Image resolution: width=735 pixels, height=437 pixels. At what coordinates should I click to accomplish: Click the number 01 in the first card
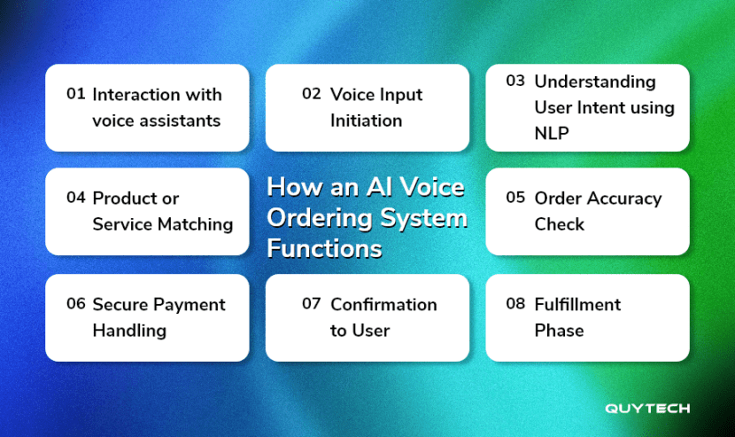[76, 94]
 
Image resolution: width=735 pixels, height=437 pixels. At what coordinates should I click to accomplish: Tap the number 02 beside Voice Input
[311, 94]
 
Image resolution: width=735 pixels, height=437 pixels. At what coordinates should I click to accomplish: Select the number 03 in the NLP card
[515, 82]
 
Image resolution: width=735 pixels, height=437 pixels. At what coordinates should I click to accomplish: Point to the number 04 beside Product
[76, 198]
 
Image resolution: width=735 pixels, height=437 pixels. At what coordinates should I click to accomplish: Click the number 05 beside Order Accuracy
[515, 198]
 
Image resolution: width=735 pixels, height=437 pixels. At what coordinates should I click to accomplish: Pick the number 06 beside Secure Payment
[76, 304]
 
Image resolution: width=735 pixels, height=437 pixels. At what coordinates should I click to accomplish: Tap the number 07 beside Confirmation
[311, 304]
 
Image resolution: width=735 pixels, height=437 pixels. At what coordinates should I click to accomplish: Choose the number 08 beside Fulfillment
[515, 304]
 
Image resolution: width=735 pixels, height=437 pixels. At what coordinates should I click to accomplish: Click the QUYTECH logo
[647, 409]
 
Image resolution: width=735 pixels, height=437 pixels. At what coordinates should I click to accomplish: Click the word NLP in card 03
[552, 134]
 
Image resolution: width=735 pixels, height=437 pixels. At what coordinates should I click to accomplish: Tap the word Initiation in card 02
[366, 121]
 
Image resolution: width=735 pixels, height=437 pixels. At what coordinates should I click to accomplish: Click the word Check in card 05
[559, 224]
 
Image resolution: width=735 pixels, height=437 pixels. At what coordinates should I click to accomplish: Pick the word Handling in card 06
[129, 331]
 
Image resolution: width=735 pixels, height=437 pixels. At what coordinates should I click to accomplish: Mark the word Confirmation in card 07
[383, 304]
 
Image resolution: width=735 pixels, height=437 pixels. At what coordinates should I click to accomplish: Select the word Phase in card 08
[559, 331]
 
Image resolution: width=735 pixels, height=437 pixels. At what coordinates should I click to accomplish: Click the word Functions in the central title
[324, 249]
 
